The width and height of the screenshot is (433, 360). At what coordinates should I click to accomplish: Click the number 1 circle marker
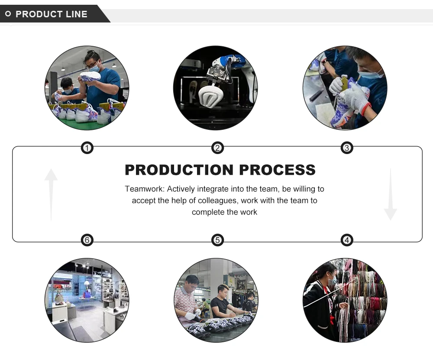pyautogui.click(x=87, y=148)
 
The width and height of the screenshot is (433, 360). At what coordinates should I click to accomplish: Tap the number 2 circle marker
pyautogui.click(x=217, y=148)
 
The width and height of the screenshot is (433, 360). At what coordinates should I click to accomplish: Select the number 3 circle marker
pyautogui.click(x=347, y=148)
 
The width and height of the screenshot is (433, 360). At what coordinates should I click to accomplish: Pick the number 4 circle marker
pyautogui.click(x=347, y=240)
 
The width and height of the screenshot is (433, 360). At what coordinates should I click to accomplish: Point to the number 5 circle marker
pyautogui.click(x=217, y=240)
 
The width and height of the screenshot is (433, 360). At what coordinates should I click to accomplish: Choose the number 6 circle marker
pyautogui.click(x=87, y=240)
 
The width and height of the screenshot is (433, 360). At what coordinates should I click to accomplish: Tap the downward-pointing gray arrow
pyautogui.click(x=390, y=195)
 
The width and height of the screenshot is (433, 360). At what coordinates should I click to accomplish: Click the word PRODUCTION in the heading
pyautogui.click(x=179, y=170)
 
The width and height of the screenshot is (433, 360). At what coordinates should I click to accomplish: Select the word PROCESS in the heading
pyautogui.click(x=278, y=170)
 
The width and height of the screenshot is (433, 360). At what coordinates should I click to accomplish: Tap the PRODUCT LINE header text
pyautogui.click(x=52, y=14)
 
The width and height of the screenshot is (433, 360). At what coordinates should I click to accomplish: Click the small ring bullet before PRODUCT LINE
pyautogui.click(x=8, y=14)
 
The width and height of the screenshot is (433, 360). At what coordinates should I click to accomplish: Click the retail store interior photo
pyautogui.click(x=87, y=301)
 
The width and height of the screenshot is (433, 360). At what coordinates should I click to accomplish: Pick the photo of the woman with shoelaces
pyautogui.click(x=345, y=301)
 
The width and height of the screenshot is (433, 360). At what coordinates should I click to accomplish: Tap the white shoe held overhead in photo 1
pyautogui.click(x=90, y=77)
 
